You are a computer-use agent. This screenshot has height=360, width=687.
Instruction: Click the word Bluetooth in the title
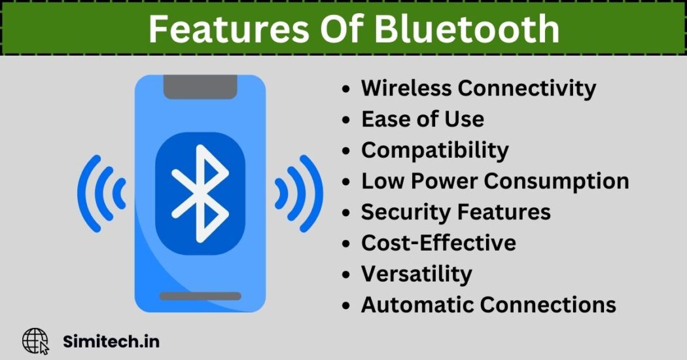coord(467,29)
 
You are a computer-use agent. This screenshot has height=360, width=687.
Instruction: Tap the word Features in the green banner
coord(228,29)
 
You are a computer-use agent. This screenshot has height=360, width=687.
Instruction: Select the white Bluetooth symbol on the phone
coord(200,193)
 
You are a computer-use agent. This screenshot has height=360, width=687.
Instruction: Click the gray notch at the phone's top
coord(200,86)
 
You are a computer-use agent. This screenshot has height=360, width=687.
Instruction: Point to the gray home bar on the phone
coord(200,296)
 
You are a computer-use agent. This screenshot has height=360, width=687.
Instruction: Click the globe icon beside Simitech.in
coord(35,341)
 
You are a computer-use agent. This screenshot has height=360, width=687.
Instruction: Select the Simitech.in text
coord(111,342)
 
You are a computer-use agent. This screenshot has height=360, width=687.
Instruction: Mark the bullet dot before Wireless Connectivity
coord(346,89)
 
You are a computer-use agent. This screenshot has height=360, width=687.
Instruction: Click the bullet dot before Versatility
coord(346,275)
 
